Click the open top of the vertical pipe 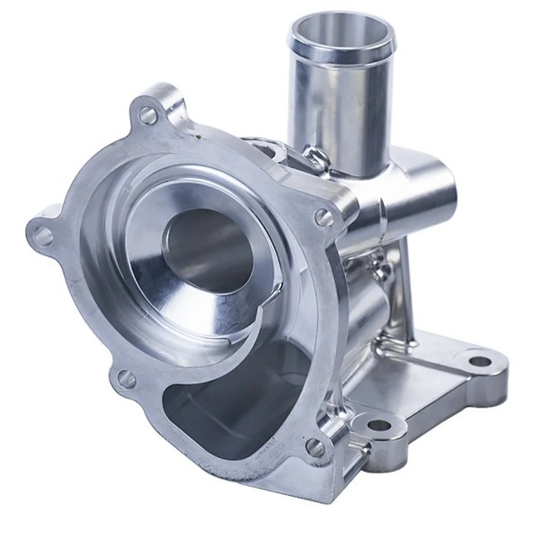[x=340, y=35]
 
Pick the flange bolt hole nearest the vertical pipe [x=324, y=217]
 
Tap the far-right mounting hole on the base [x=479, y=361]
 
